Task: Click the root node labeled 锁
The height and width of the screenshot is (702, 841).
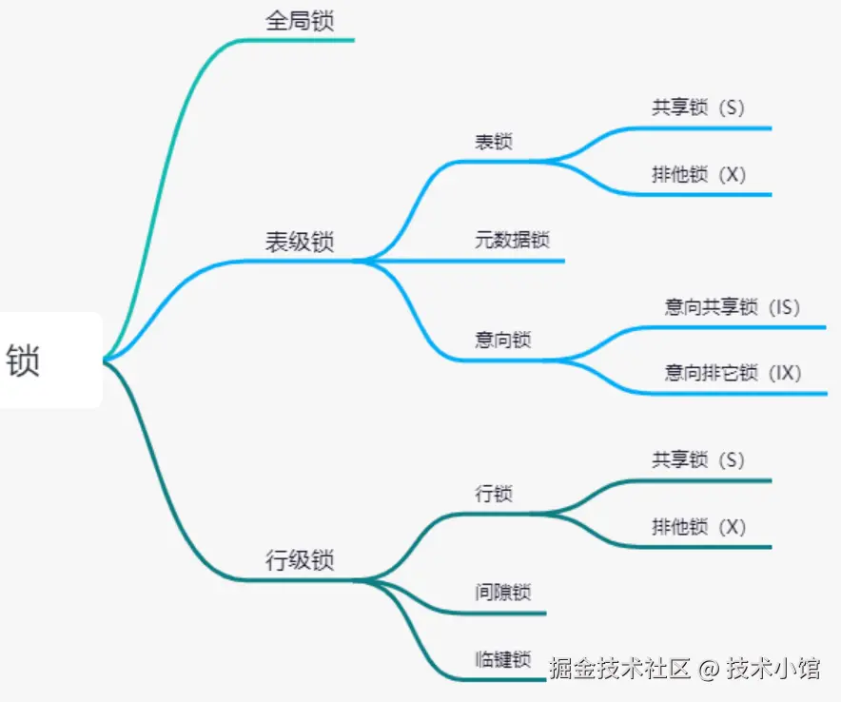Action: (x=25, y=361)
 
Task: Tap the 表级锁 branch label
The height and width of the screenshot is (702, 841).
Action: (x=300, y=242)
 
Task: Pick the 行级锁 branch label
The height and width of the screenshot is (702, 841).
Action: (x=300, y=559)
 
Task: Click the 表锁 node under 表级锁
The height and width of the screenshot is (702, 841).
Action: (x=494, y=142)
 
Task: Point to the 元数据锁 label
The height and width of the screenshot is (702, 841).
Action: (x=512, y=240)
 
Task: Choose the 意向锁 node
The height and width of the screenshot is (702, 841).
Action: (x=503, y=340)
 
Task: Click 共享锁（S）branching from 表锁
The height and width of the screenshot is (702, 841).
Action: (x=697, y=107)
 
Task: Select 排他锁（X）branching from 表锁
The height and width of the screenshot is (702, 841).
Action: (x=698, y=175)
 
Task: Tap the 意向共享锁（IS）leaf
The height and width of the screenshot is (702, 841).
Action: (x=733, y=306)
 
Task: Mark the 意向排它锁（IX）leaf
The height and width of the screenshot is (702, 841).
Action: (x=733, y=373)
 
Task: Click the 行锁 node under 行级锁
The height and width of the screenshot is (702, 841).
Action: (x=494, y=494)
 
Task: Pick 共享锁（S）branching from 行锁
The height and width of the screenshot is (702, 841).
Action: (x=697, y=460)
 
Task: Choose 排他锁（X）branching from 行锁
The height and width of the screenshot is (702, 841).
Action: (x=698, y=526)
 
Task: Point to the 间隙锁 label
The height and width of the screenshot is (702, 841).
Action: (x=503, y=592)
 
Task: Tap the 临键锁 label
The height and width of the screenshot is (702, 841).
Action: (x=503, y=659)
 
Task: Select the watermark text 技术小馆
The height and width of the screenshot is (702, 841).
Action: (x=773, y=669)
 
